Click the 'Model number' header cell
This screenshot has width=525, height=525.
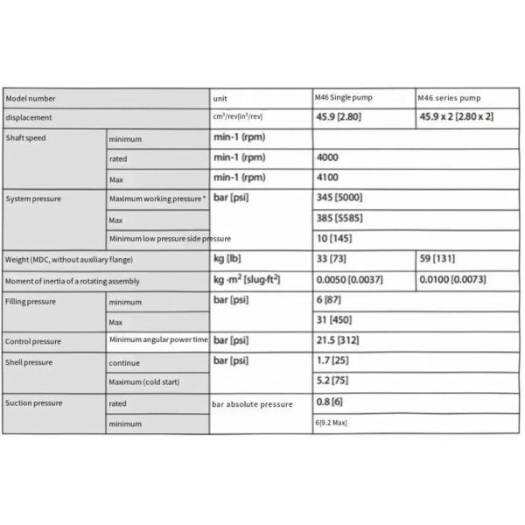point(31,98)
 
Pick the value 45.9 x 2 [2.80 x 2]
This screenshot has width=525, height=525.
point(456,116)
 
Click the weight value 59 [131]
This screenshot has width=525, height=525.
point(437,259)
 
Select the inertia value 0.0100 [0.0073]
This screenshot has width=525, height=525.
point(452,280)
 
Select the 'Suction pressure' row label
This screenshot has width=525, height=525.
point(34,403)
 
